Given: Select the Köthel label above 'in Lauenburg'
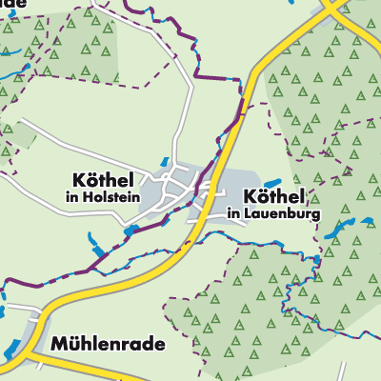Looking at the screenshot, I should pyautogui.click(x=274, y=195).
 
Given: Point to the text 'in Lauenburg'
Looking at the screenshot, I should pyautogui.click(x=275, y=214).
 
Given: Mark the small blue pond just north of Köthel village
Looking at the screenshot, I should pyautogui.click(x=164, y=163).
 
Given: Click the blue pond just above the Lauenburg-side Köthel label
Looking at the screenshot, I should pyautogui.click(x=273, y=181).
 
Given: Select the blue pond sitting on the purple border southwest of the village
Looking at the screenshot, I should pyautogui.click(x=129, y=231).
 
